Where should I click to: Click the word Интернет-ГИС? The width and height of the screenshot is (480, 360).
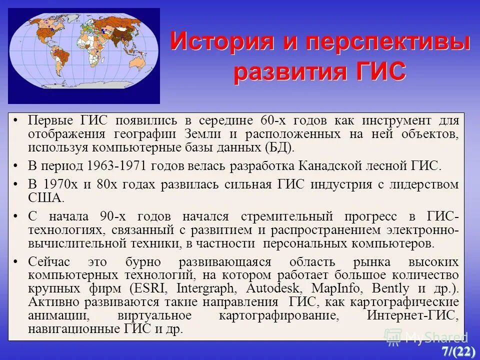click(x=412, y=316)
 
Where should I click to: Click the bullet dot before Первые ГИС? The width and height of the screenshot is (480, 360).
click(x=16, y=120)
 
